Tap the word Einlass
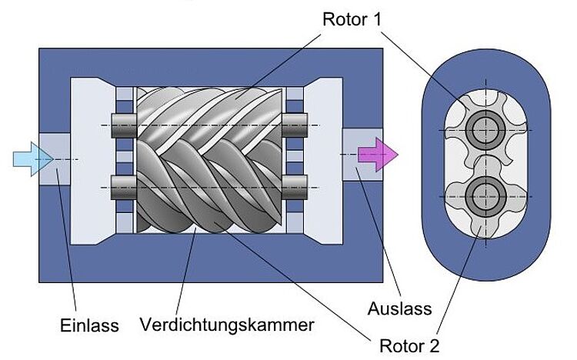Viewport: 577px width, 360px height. click(x=90, y=325)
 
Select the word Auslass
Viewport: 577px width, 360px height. click(x=400, y=309)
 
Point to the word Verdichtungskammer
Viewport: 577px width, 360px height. click(x=227, y=325)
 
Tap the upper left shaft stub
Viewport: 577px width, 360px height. click(x=123, y=122)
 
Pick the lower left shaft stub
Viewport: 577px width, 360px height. click(x=123, y=185)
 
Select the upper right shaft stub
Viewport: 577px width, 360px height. click(x=295, y=122)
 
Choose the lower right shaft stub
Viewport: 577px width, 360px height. click(x=295, y=185)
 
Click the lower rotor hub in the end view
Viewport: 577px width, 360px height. click(x=484, y=195)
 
